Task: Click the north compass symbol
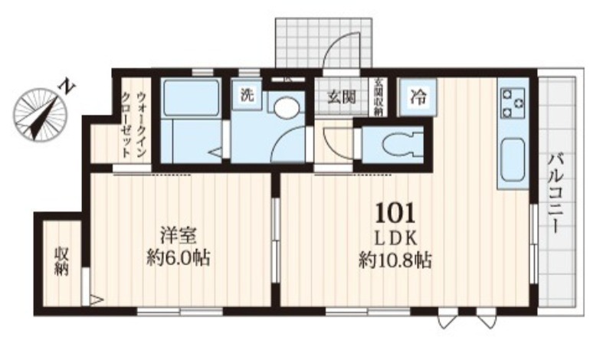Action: tap(40, 112)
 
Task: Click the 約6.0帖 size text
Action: tap(178, 257)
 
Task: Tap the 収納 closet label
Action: tap(61, 261)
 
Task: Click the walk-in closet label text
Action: tap(135, 123)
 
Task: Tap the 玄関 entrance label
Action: tap(341, 97)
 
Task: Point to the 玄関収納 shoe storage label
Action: tap(378, 97)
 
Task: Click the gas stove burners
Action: tap(512, 101)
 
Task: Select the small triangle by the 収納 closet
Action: tap(95, 299)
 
